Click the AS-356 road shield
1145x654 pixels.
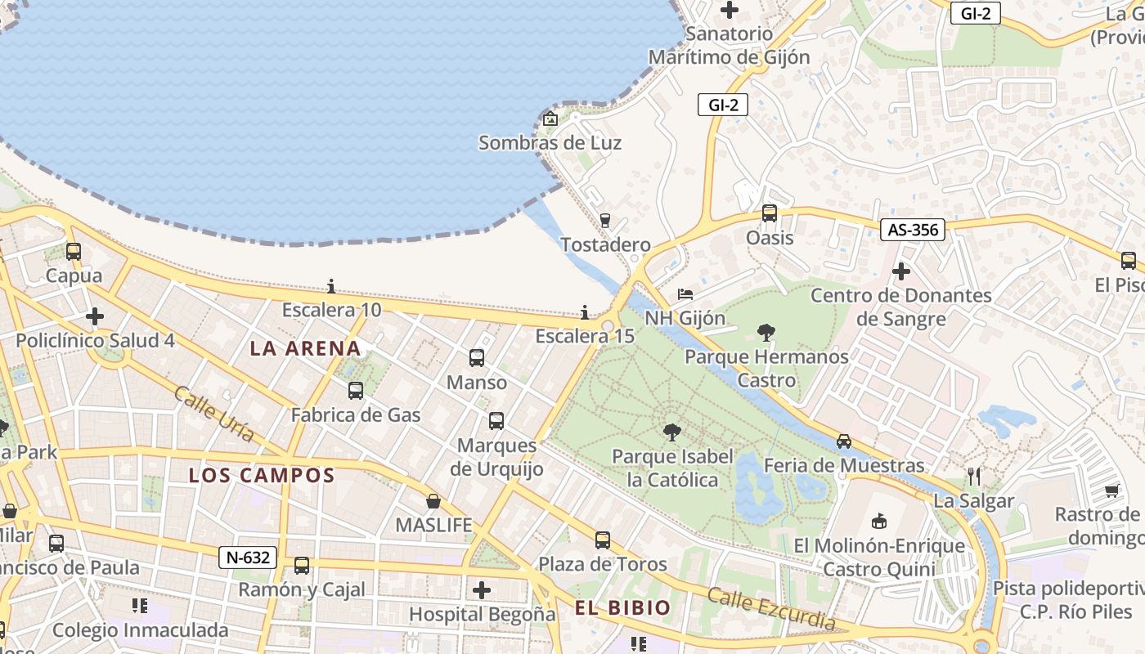tap(913, 230)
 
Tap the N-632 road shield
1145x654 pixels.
tap(248, 558)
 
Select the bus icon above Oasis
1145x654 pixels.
tap(770, 213)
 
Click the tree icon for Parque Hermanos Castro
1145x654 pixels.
tap(766, 332)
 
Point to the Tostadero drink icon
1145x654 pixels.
tap(605, 220)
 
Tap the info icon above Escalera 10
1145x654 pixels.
tap(331, 286)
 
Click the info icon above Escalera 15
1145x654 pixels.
tap(585, 312)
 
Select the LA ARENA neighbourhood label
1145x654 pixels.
tap(305, 348)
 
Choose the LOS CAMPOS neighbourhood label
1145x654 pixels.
tap(262, 475)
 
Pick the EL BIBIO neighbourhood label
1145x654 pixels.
tap(622, 607)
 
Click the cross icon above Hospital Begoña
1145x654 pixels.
tap(482, 589)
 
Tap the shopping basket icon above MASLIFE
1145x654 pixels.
tap(433, 500)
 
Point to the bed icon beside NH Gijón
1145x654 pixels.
tap(685, 293)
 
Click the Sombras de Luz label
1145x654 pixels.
tap(550, 143)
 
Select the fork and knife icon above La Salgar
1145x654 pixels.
tap(973, 476)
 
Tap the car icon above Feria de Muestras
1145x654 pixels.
tap(844, 441)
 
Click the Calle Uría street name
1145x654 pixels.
tap(213, 414)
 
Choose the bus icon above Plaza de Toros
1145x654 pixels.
tap(603, 540)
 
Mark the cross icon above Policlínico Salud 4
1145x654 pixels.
tap(95, 316)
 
